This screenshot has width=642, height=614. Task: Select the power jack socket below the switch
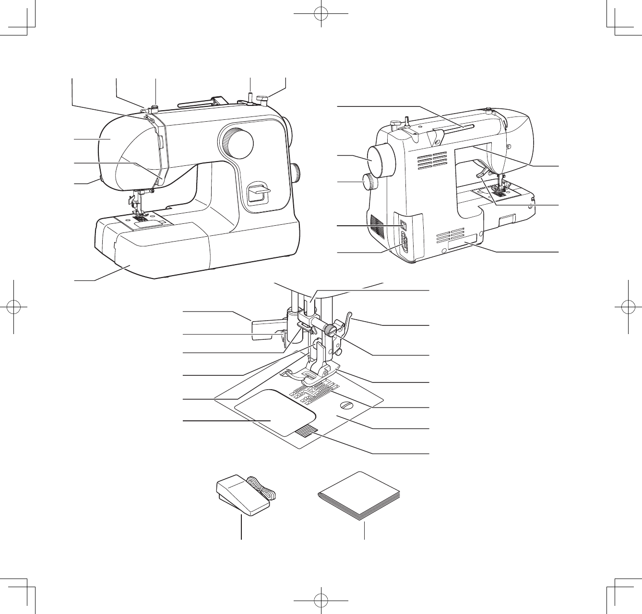pyautogui.click(x=404, y=243)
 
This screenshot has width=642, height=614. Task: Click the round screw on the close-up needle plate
pyautogui.click(x=346, y=406)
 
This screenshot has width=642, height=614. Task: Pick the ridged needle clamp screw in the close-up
pyautogui.click(x=330, y=330)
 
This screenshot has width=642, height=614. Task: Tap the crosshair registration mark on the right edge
pyautogui.click(x=627, y=307)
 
